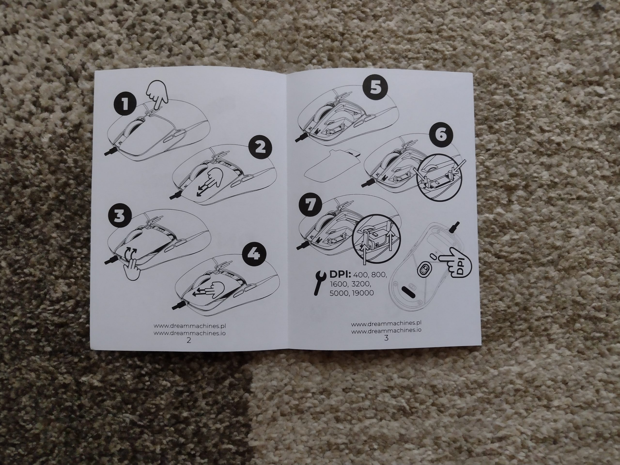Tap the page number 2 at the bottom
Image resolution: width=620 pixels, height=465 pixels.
(x=189, y=341)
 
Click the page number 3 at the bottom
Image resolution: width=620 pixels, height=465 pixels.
(x=386, y=338)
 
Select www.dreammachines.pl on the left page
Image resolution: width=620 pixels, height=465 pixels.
(x=190, y=326)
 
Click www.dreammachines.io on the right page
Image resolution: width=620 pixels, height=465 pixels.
(x=386, y=330)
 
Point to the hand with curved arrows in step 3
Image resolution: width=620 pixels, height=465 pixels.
(x=131, y=265)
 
